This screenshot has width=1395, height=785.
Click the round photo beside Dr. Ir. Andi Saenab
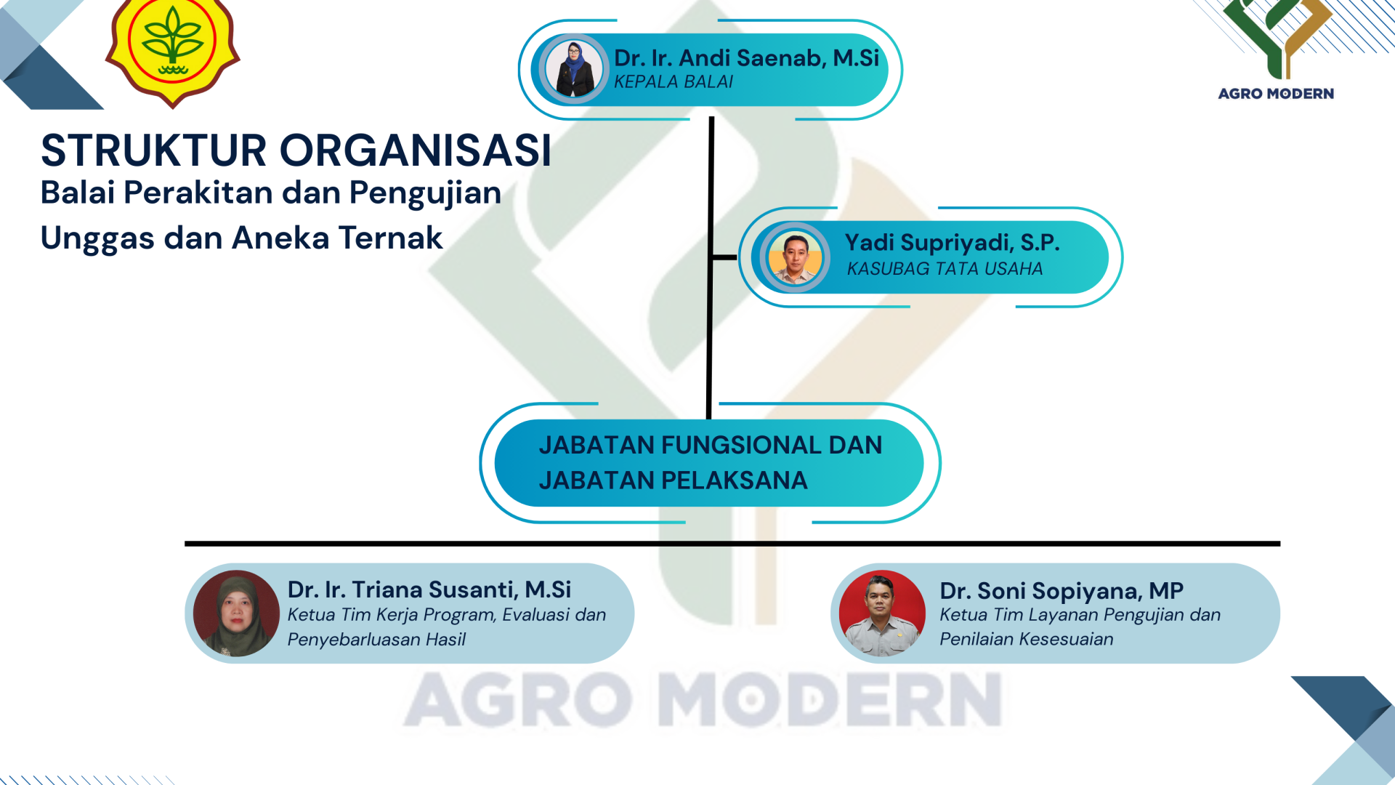pyautogui.click(x=573, y=69)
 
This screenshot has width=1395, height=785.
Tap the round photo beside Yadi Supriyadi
pyautogui.click(x=795, y=257)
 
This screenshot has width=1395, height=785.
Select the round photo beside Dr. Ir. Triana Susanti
pyautogui.click(x=236, y=613)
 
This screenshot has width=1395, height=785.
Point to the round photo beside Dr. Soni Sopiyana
pyautogui.click(x=882, y=613)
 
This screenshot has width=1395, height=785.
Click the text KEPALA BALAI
pyautogui.click(x=674, y=82)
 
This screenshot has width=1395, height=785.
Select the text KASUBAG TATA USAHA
pyautogui.click(x=945, y=269)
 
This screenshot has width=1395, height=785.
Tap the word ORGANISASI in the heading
pyautogui.click(x=416, y=150)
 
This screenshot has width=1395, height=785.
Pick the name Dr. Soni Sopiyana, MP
pyautogui.click(x=1062, y=591)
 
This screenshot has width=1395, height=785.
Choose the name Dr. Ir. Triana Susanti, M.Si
pyautogui.click(x=429, y=589)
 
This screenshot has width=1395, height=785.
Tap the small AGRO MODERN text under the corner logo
pyautogui.click(x=1276, y=94)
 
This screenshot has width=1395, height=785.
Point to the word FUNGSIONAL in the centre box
pyautogui.click(x=739, y=445)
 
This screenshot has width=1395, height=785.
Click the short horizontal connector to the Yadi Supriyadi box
pyautogui.click(x=724, y=257)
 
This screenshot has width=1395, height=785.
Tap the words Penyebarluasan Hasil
pyautogui.click(x=376, y=640)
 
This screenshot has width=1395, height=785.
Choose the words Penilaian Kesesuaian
pyautogui.click(x=1026, y=639)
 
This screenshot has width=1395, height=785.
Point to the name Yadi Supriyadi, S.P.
pyautogui.click(x=952, y=243)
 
